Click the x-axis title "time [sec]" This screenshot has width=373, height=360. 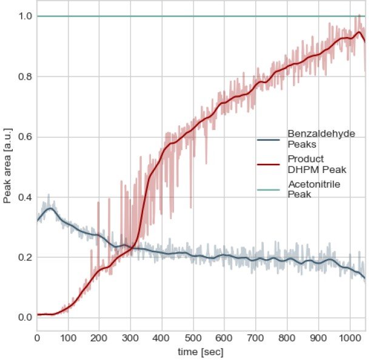201,351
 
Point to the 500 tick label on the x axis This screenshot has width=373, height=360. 192,338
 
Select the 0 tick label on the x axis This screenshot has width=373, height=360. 37,338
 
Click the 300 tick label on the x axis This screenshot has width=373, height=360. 130,338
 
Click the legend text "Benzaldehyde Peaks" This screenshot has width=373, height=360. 321,138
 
